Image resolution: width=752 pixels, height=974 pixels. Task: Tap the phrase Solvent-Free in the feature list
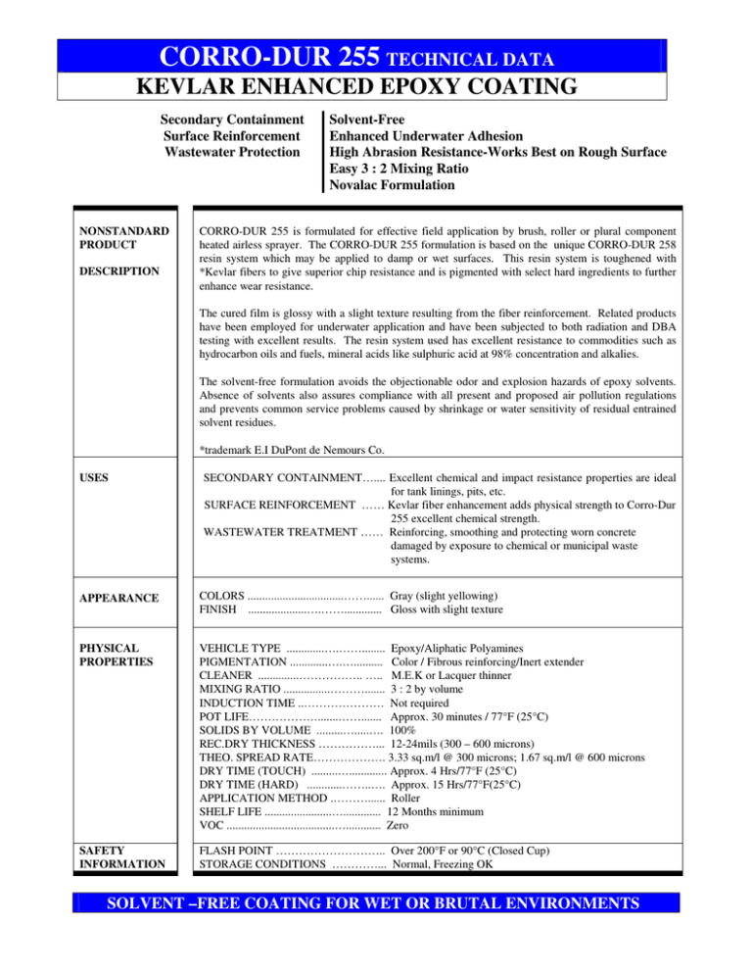[x=373, y=120]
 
